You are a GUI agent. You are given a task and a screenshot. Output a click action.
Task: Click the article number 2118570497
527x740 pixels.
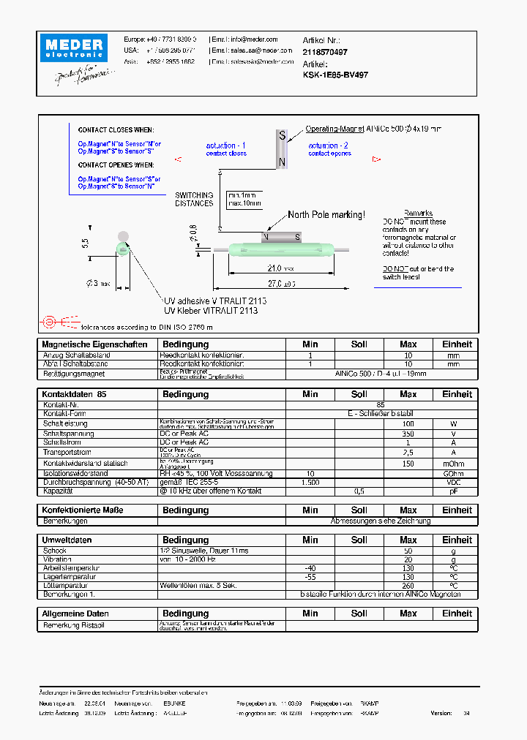pyautogui.click(x=325, y=53)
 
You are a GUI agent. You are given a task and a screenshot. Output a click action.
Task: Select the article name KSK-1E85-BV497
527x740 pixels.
pyautogui.click(x=335, y=75)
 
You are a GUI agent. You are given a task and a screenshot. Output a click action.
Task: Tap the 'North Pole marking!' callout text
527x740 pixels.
pyautogui.click(x=326, y=214)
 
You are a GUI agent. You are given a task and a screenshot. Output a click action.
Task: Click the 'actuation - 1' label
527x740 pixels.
pyautogui.click(x=226, y=146)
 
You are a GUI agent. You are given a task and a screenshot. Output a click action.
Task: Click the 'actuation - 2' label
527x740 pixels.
pyautogui.click(x=329, y=146)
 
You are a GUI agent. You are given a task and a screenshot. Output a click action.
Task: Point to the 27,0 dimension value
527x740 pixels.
pyautogui.click(x=280, y=284)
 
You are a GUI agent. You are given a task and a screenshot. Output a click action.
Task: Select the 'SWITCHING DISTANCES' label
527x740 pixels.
pyautogui.click(x=194, y=199)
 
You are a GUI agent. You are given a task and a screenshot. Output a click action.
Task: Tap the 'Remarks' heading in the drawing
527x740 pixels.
pyautogui.click(x=418, y=213)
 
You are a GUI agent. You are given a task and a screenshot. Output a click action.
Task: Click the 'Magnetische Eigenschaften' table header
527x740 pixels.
pyautogui.click(x=94, y=344)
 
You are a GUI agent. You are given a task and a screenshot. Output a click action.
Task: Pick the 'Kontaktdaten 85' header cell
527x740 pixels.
pyautogui.click(x=75, y=394)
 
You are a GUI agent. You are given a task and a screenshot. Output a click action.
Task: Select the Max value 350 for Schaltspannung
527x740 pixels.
pyautogui.click(x=408, y=434)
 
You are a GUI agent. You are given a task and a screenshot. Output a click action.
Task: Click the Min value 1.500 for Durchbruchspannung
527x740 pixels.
pyautogui.click(x=310, y=483)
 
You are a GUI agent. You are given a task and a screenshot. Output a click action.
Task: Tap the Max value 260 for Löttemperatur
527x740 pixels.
pyautogui.click(x=408, y=586)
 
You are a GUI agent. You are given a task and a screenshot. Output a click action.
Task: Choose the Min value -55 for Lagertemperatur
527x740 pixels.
pyautogui.click(x=310, y=577)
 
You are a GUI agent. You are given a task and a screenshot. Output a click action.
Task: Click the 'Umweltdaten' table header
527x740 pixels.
pyautogui.click(x=67, y=540)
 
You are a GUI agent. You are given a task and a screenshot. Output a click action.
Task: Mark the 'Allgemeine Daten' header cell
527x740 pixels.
pyautogui.click(x=75, y=613)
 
